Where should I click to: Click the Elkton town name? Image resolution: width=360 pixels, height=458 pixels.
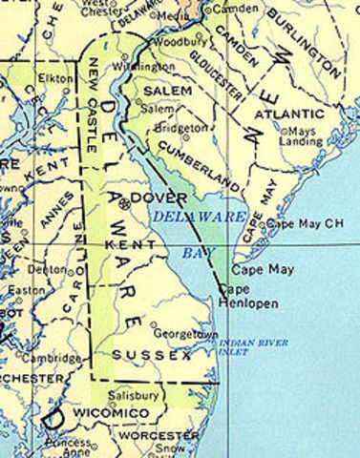54,76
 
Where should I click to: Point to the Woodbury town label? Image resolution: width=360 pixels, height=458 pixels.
177,43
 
